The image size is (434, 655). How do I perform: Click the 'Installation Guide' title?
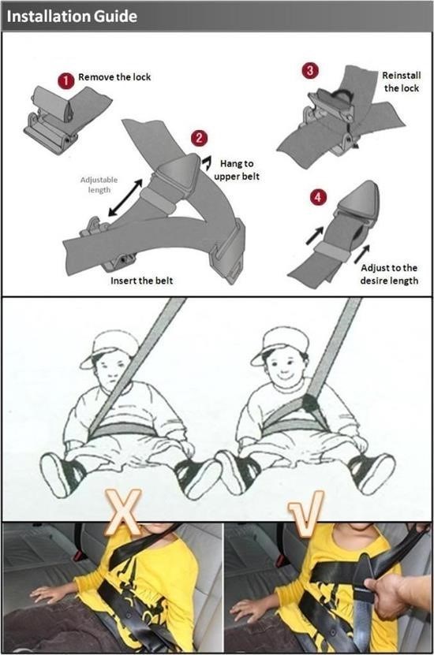pos(72,17)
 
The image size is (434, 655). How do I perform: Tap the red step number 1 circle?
pos(65,80)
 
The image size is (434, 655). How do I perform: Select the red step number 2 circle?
pos(199,137)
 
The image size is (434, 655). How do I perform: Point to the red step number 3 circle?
pos(310,71)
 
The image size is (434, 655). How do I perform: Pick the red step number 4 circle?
pos(318,196)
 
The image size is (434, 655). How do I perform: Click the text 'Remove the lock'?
pos(114,77)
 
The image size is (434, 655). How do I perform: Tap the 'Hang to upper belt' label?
pos(237,169)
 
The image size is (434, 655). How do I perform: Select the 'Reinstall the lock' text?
pos(402,81)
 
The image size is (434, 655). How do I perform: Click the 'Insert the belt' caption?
pos(141,281)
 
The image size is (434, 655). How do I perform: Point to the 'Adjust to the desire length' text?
pos(389,274)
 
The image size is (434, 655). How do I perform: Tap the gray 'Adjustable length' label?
pos(99,184)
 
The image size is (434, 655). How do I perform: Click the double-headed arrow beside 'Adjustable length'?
pos(125,198)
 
